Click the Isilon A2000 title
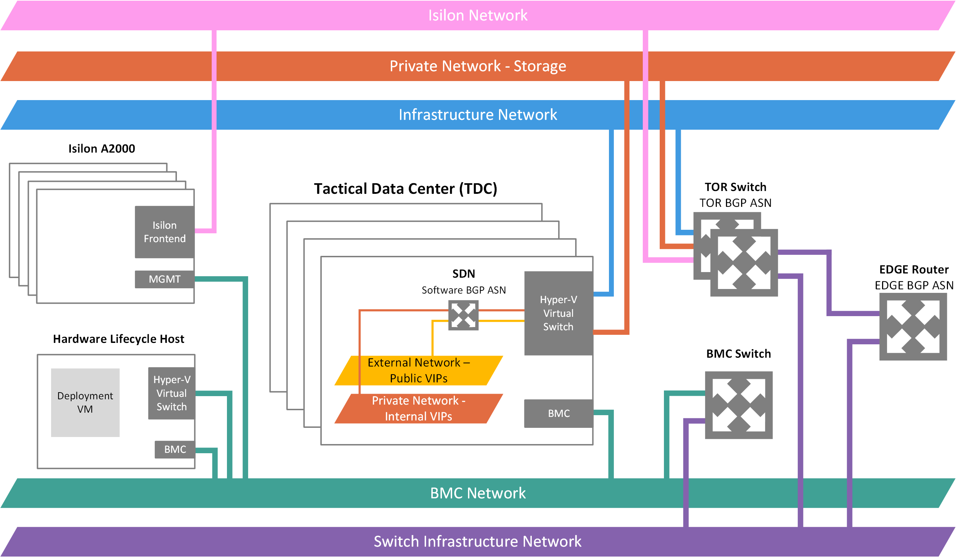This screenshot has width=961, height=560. tap(102, 149)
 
